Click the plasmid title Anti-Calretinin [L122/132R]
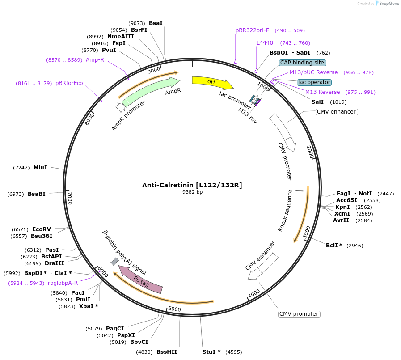[192, 185]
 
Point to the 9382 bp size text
[192, 192]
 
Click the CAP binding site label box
[303, 63]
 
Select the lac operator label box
[314, 82]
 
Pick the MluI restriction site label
[40, 168]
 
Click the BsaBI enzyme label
[37, 194]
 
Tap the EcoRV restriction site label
[41, 229]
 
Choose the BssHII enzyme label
[167, 352]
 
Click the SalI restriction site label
[317, 102]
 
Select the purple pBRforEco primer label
[69, 83]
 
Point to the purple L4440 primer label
[265, 43]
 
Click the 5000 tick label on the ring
[174, 309]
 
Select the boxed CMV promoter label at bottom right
[299, 314]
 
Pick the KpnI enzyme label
[342, 207]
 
